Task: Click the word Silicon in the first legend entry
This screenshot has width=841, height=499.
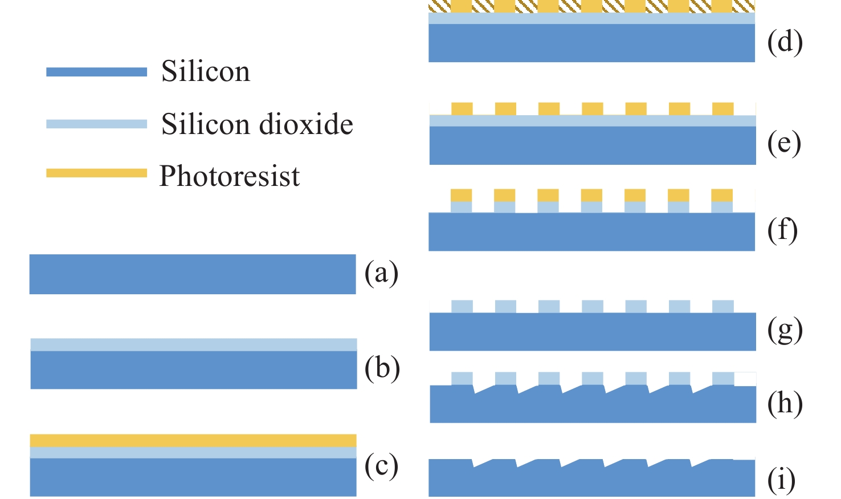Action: pyautogui.click(x=206, y=72)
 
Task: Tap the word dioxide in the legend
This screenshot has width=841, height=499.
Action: pyautogui.click(x=308, y=124)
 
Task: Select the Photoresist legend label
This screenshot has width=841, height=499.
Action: pyautogui.click(x=230, y=176)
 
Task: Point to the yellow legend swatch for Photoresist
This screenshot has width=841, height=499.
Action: pyautogui.click(x=96, y=173)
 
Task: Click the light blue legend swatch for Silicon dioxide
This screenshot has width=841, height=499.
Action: pyautogui.click(x=96, y=124)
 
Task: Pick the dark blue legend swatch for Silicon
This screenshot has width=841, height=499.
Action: pyautogui.click(x=96, y=72)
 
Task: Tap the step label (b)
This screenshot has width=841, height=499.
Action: pyautogui.click(x=382, y=368)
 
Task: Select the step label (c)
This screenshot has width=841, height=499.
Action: pyautogui.click(x=381, y=466)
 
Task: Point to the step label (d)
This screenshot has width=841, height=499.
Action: pyautogui.click(x=785, y=42)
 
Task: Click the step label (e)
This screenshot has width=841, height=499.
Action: pyautogui.click(x=784, y=144)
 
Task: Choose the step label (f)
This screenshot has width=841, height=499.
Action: pyautogui.click(x=782, y=230)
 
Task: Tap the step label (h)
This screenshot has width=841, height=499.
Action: pyautogui.click(x=785, y=404)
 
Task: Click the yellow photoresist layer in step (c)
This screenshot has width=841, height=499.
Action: pyautogui.click(x=193, y=440)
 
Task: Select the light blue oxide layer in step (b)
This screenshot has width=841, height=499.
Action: pyautogui.click(x=194, y=344)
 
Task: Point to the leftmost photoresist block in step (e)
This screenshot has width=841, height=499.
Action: pyautogui.click(x=462, y=108)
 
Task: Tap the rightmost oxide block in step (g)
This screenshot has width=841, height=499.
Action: pyautogui.click(x=722, y=306)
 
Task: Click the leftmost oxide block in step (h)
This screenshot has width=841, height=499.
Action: pyautogui.click(x=462, y=378)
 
